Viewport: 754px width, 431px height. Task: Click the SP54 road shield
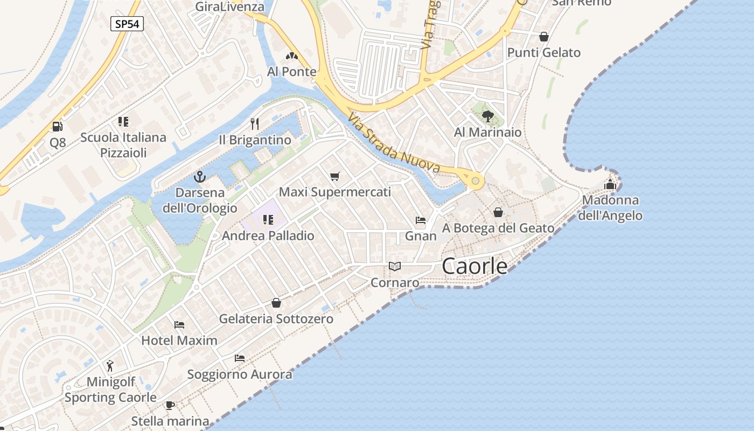pos(127,24)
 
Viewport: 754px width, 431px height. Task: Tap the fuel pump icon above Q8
pos(57,127)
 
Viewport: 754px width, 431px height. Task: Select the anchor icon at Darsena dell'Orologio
pos(200,176)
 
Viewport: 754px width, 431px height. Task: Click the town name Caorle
pos(474,266)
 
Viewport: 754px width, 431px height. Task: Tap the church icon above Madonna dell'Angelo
pos(610,184)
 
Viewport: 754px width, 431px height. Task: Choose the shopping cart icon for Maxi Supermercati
pos(335,176)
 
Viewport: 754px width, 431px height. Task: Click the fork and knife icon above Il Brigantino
pos(255,124)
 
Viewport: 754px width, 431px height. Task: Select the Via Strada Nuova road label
pos(394,143)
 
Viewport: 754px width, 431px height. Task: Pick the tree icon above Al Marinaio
pos(487,116)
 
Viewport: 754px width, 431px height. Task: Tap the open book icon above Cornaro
pos(395,266)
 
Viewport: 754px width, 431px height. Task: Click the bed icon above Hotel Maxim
pos(179,324)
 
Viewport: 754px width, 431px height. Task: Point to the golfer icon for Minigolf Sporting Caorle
pos(110,366)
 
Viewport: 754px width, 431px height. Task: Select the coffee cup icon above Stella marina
pos(170,405)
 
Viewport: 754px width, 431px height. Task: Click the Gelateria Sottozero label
pos(276,319)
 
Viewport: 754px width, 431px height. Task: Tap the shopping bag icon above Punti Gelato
pos(544,37)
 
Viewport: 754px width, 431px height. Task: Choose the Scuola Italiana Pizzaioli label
pos(123,145)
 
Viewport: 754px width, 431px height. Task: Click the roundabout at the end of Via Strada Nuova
pos(475,181)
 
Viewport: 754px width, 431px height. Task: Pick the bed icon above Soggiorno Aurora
pos(240,358)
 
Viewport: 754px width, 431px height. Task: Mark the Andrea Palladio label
pos(268,235)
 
